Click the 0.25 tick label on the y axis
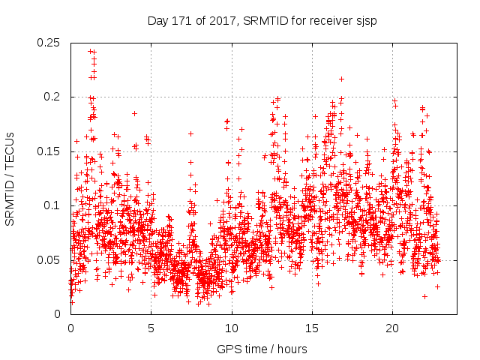(x=49, y=43)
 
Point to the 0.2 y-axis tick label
(x=52, y=97)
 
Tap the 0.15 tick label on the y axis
(x=49, y=151)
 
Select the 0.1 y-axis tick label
(x=52, y=205)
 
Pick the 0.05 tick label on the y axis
(x=49, y=259)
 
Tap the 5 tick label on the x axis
(x=151, y=328)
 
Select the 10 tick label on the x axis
(x=232, y=328)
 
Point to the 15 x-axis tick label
(x=312, y=328)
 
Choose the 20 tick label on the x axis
(x=392, y=328)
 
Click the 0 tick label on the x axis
(x=70, y=328)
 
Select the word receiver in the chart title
(x=327, y=21)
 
